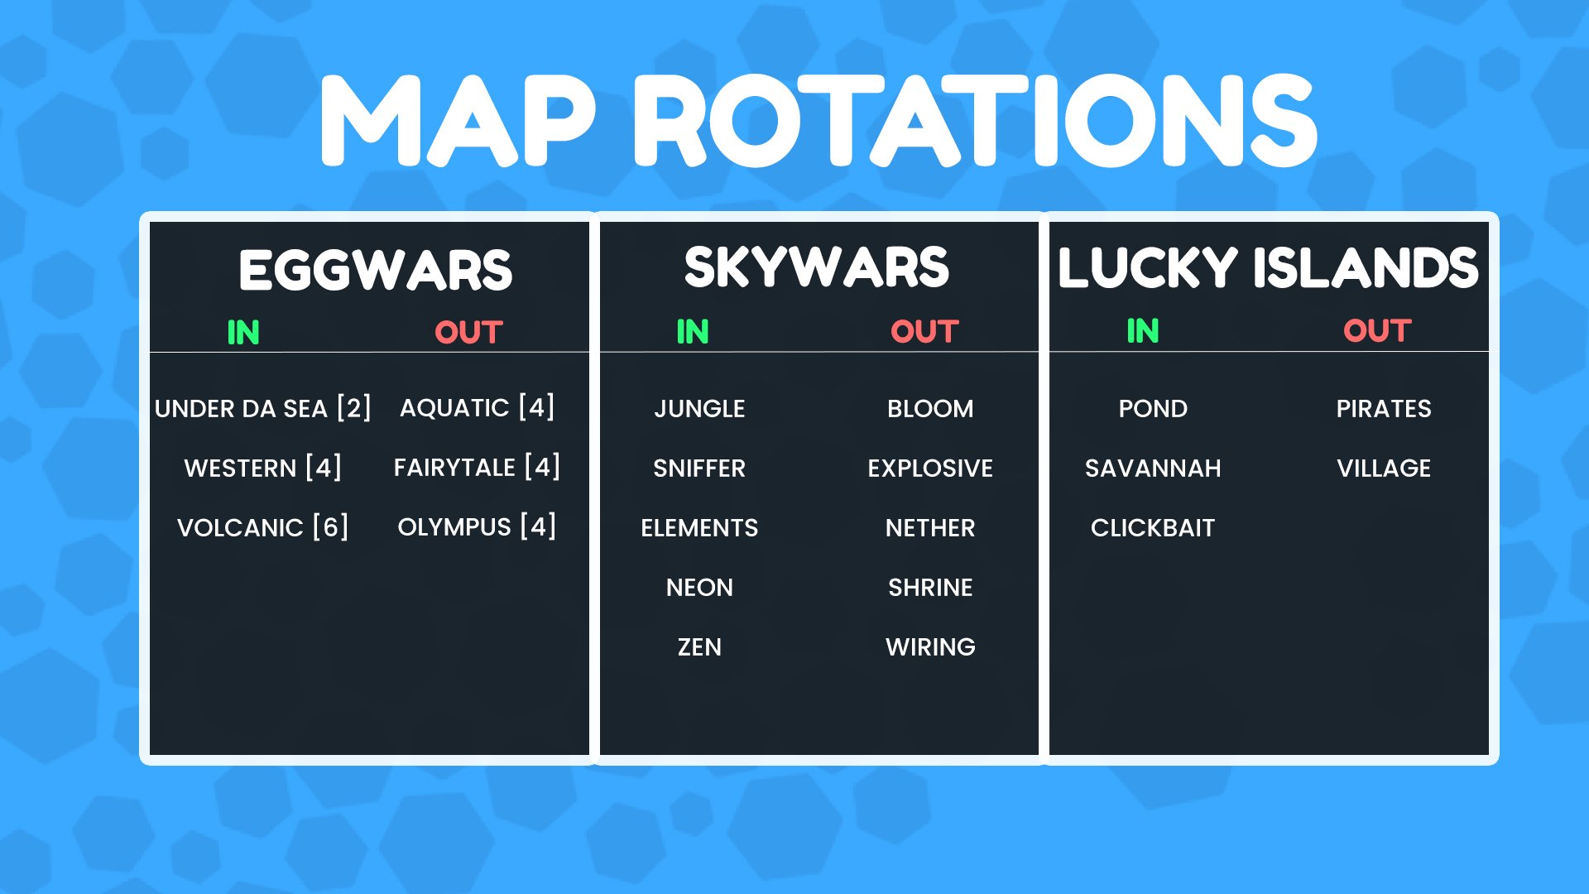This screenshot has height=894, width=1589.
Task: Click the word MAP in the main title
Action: (x=458, y=121)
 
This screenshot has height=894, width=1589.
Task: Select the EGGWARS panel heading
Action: (x=376, y=271)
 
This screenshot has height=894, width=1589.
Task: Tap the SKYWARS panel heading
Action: (x=817, y=267)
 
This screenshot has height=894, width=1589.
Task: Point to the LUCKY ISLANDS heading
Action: (x=1268, y=267)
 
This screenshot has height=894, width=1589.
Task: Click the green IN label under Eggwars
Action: (x=243, y=333)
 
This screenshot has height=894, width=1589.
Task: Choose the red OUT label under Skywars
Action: (x=924, y=332)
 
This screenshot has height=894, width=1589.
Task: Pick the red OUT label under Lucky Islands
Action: (x=1377, y=331)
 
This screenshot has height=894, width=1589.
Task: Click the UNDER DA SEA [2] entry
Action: (x=262, y=408)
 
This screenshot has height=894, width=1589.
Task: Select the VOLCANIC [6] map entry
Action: (x=262, y=527)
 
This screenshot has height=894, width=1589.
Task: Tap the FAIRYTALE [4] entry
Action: (x=477, y=468)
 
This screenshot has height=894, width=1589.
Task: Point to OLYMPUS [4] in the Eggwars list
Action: (x=477, y=527)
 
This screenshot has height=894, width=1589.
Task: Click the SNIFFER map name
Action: (x=699, y=469)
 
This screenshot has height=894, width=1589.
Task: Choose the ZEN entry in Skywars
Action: (x=699, y=647)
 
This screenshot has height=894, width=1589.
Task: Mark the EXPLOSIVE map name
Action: (x=930, y=469)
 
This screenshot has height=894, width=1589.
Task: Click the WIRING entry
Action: (x=930, y=647)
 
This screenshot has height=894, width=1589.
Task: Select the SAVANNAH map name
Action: (x=1153, y=469)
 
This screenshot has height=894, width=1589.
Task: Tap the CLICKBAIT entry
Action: (x=1153, y=528)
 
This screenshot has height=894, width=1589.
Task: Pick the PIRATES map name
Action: (x=1384, y=409)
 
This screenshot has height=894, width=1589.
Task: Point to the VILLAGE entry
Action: (x=1384, y=469)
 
